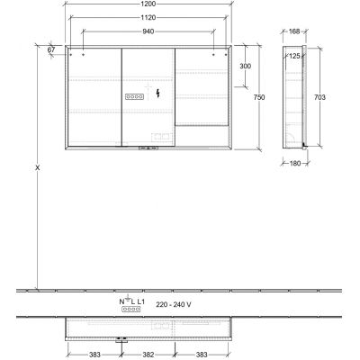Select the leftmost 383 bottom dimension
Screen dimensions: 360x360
pyautogui.click(x=94, y=355)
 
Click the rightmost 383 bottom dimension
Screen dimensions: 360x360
pyautogui.click(x=203, y=355)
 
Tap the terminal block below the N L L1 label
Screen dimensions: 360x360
pyautogui.click(x=131, y=309)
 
